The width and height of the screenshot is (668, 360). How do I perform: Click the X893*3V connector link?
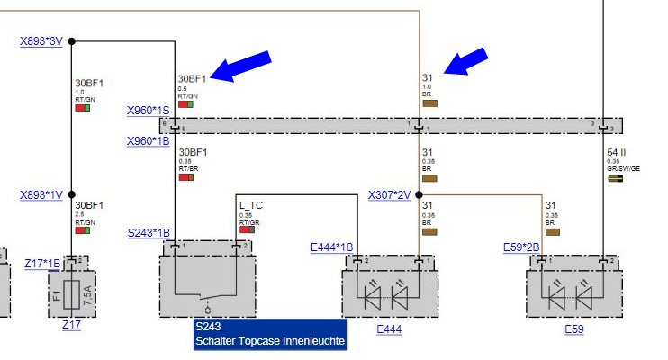41,40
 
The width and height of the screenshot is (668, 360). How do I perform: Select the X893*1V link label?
41,194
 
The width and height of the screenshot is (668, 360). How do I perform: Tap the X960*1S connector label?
148,112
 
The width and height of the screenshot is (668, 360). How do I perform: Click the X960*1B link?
148,141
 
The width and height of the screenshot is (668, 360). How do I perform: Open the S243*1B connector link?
148,232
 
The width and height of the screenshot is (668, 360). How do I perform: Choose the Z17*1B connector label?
42,263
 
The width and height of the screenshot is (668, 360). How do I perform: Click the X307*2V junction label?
389,194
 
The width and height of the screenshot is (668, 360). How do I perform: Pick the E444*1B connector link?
331,246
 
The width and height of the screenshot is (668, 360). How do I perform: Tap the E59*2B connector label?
521,246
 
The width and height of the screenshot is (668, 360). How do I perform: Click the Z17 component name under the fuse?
71,325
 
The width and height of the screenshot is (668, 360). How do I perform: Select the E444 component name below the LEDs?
389,329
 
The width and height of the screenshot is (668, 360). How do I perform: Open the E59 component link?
574,329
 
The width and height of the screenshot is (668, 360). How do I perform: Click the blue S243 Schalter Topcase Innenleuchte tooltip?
270,333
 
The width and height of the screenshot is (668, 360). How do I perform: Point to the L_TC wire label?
250,205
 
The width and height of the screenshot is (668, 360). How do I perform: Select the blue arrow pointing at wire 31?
468,63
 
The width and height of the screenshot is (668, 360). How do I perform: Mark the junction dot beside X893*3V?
72,40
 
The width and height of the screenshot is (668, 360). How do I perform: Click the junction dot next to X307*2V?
420,194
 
